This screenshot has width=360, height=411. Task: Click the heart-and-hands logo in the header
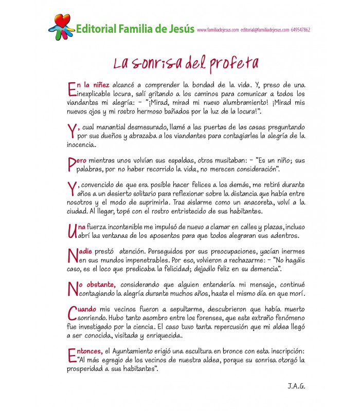[61, 28]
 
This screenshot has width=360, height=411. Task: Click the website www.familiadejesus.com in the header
[218, 30]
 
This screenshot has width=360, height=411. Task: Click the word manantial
[110, 126]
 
